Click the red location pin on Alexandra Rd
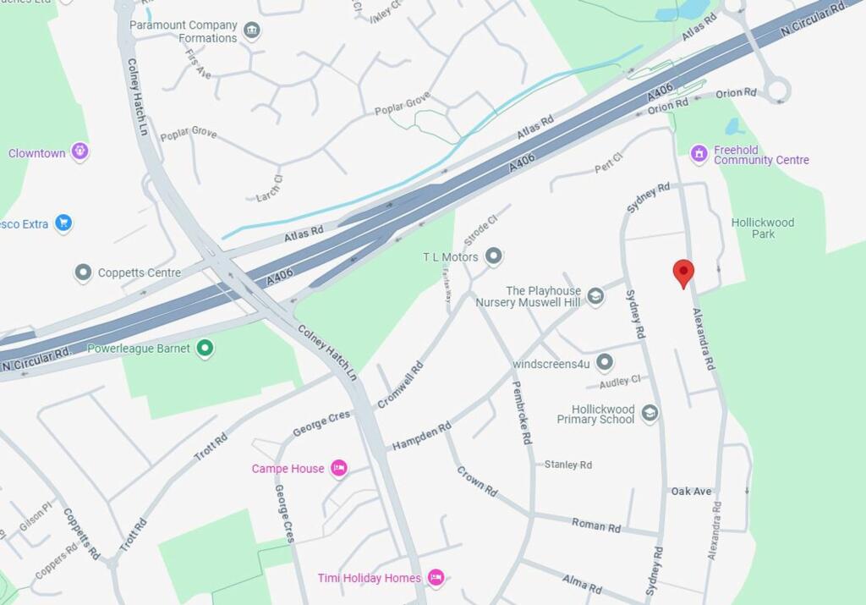(x=683, y=272)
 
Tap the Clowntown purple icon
(x=80, y=152)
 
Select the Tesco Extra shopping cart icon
(x=63, y=223)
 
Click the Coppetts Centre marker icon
(x=83, y=272)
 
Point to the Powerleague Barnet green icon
(x=205, y=348)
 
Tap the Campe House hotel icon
(x=338, y=468)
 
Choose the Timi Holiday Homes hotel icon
(x=436, y=578)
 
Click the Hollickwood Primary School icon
(x=649, y=413)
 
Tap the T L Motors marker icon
(x=494, y=256)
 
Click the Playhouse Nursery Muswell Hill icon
(x=595, y=295)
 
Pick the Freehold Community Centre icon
(x=699, y=154)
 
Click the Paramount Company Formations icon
(x=251, y=31)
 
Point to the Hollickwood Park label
(x=763, y=228)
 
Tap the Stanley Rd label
(x=567, y=465)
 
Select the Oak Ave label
(x=691, y=491)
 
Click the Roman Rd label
(x=595, y=525)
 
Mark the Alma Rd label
(x=582, y=583)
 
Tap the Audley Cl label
(x=620, y=382)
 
